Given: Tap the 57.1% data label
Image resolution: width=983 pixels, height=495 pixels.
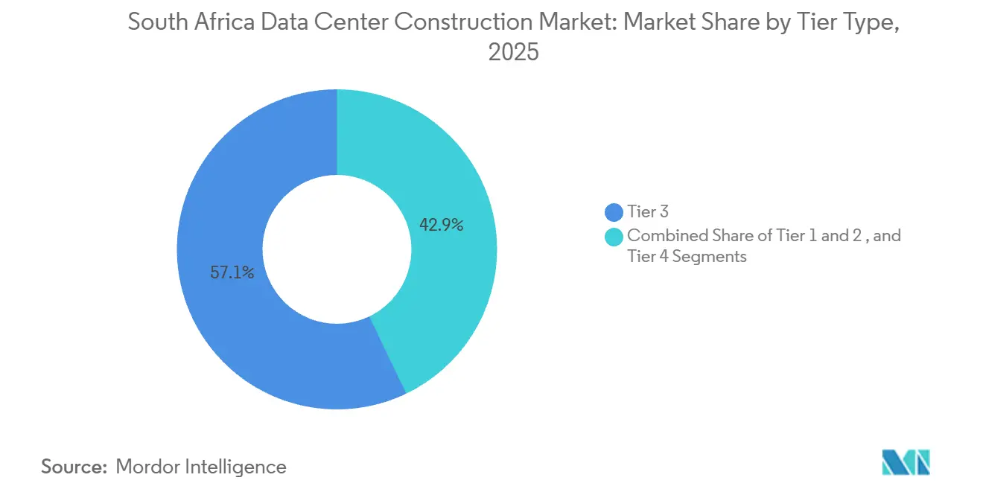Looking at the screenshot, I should click(232, 273).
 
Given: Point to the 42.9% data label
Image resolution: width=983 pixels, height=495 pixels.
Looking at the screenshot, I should click(442, 225).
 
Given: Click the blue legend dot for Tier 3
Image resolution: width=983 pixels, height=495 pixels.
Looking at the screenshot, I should click(614, 213).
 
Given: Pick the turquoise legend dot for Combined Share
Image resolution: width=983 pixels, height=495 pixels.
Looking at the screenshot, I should click(614, 237).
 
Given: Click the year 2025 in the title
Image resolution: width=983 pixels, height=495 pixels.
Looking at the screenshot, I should click(513, 53).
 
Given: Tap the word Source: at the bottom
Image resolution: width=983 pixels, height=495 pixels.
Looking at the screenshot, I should click(74, 467).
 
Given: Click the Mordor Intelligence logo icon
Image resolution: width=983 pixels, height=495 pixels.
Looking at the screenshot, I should click(906, 462).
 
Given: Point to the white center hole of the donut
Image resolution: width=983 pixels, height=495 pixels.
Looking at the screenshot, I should click(337, 249).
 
